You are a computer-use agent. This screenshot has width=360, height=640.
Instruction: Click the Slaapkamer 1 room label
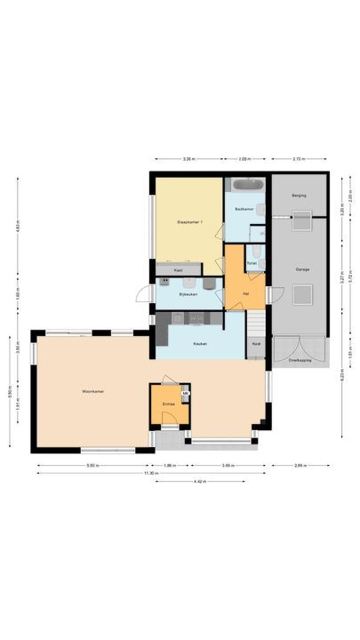pos(188,222)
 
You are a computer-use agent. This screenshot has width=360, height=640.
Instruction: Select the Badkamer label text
pos(244,209)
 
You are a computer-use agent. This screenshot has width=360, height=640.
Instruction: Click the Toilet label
pos(252,263)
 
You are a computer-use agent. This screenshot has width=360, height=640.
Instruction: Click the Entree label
pos(168,404)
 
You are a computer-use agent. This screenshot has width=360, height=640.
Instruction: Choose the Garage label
pos(302,268)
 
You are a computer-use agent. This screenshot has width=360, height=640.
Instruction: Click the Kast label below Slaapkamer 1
pos(178,269)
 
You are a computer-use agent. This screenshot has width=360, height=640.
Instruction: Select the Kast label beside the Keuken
pos(256,343)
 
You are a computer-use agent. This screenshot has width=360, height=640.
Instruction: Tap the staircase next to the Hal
pos(256,320)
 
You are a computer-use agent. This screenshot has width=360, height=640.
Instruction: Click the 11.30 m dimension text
pos(152,473)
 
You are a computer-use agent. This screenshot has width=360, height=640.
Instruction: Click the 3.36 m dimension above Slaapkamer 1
pos(188,159)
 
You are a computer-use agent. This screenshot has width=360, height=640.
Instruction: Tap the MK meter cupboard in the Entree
pos(185,393)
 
